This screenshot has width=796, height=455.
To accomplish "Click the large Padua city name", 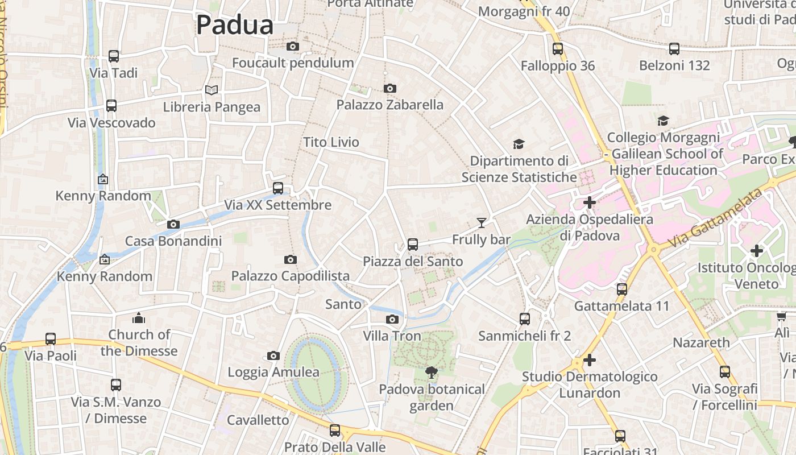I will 235,26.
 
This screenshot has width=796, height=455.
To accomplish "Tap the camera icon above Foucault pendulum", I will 293,46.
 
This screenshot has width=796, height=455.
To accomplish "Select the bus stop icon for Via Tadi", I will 114,56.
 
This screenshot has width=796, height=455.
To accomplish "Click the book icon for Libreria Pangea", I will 212,90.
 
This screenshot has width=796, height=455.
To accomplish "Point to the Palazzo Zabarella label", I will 389,105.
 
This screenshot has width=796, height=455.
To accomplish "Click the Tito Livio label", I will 331,142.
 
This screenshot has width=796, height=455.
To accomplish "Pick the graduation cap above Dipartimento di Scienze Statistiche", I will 519,144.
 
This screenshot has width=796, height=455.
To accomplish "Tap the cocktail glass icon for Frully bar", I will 482,222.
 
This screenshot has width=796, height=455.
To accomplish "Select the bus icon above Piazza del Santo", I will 413,245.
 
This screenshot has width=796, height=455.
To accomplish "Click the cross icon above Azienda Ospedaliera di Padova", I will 590,202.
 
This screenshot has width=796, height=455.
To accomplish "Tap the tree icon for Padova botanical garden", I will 432,373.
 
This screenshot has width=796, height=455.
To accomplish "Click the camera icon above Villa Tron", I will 392,319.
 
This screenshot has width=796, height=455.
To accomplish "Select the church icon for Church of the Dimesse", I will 139,318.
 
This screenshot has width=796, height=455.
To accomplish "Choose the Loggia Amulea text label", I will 273,372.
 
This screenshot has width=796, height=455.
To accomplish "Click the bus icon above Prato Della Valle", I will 335,430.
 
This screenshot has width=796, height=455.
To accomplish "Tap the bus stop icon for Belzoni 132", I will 674,49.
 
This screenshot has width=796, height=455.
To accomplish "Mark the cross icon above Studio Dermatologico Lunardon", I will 590,360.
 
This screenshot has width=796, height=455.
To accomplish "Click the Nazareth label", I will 701,342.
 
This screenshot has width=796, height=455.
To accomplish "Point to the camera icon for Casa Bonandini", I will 173,224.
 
